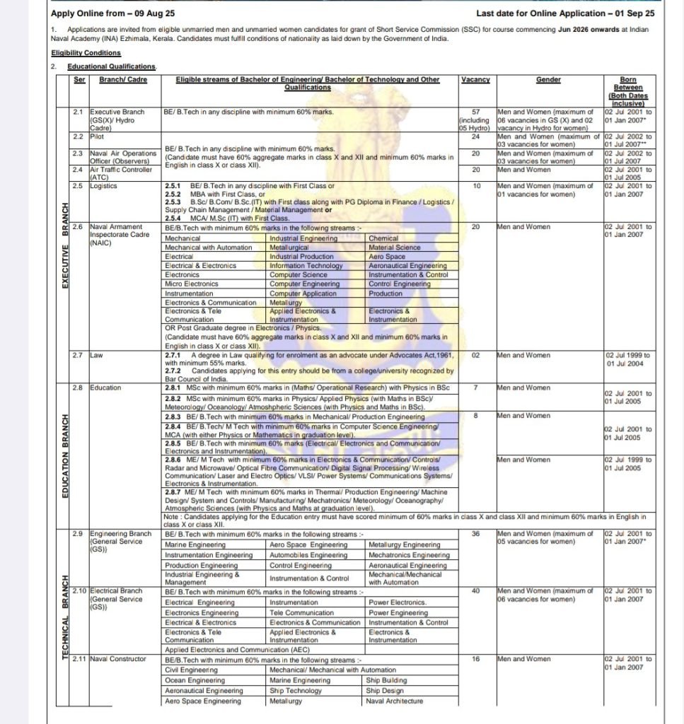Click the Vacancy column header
click(475, 80)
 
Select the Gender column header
click(548, 80)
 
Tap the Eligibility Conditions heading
click(86, 53)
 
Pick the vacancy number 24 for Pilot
click(475, 136)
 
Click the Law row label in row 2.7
click(97, 355)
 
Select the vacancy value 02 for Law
click(475, 355)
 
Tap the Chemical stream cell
click(384, 239)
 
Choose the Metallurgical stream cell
click(291, 247)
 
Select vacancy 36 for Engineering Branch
click(475, 534)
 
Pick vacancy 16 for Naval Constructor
click(475, 659)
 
